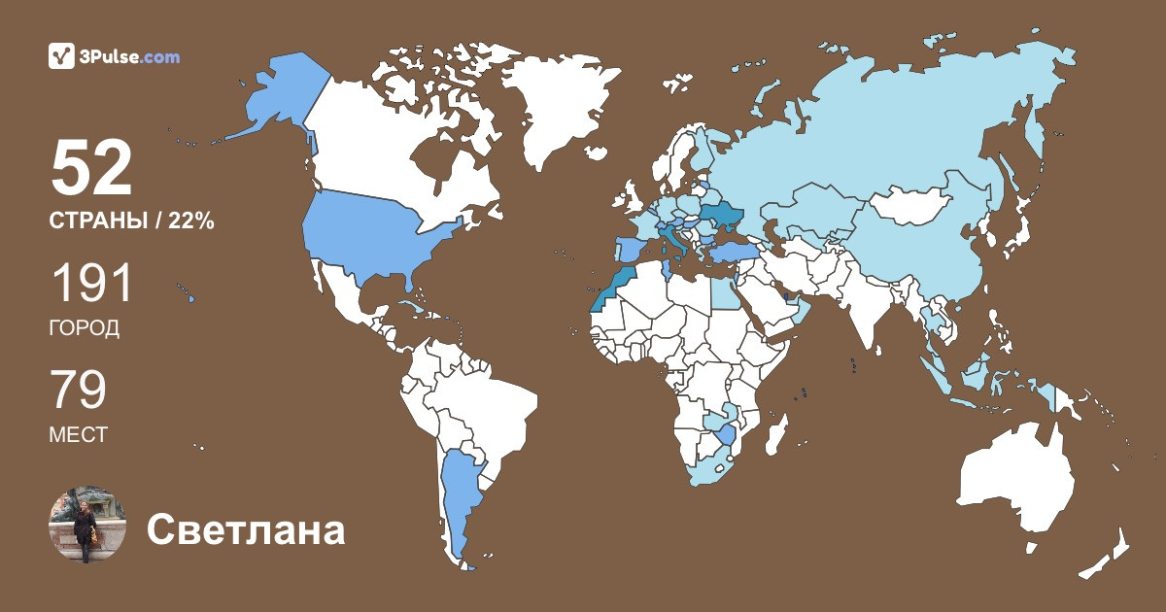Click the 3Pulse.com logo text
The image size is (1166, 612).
tap(130, 56)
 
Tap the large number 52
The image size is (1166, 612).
tap(91, 169)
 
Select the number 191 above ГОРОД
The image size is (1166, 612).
tap(91, 285)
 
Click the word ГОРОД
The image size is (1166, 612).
tap(85, 328)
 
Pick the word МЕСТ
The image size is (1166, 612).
tap(78, 435)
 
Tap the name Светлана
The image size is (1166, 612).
tap(246, 530)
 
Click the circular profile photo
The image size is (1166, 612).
tap(87, 526)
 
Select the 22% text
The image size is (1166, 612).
tap(190, 221)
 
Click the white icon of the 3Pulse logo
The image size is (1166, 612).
tap(62, 56)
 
